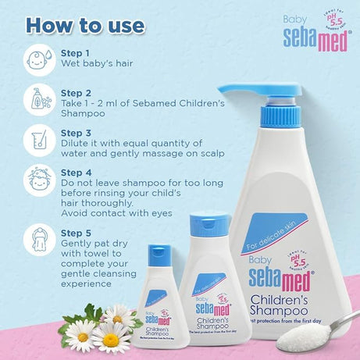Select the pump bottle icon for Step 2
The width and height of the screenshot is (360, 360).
click(x=40, y=101)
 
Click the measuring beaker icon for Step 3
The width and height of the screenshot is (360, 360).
click(x=40, y=141)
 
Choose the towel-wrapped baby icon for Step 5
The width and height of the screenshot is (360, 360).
click(x=40, y=235)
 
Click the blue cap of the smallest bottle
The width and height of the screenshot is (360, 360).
click(x=159, y=254)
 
